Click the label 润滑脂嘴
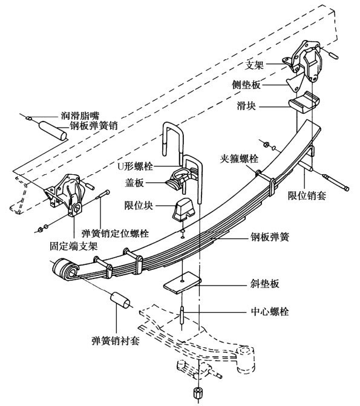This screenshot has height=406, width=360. coord(80,116)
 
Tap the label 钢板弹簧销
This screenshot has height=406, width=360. coord(94,126)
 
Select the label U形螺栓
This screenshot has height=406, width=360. coord(135,166)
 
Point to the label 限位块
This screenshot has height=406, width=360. coord(139,206)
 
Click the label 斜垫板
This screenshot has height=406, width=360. coord(264,284)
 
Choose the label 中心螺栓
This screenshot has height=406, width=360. coord(270,311)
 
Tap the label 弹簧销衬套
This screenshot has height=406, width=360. coord(116,341)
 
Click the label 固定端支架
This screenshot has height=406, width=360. coord(74,246)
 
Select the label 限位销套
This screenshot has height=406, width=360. coord(307,195)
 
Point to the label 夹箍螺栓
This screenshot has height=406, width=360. coord(239,159)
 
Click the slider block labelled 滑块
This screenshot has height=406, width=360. coord(304,102)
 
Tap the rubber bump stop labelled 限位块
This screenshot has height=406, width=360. coord(183,210)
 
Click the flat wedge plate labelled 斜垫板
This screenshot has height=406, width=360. coord(182,282)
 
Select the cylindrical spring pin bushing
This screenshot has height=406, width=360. coord(120,301)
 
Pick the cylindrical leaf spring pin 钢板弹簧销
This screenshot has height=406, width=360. coord(53,131)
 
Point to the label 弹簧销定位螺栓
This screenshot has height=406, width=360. coord(115,234)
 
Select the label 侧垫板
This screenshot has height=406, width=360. coord(246,85)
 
